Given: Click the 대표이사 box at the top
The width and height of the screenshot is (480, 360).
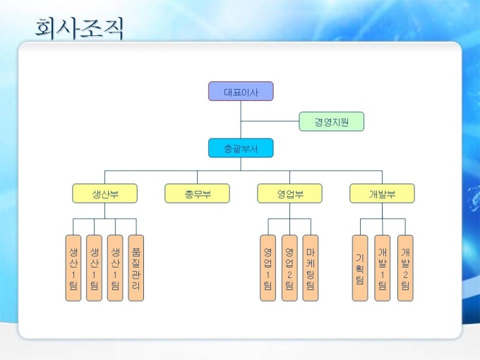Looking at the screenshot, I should pyautogui.click(x=240, y=92).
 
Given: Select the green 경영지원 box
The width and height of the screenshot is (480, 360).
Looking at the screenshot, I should pyautogui.click(x=331, y=122).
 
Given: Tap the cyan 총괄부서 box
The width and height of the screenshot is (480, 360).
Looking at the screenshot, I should pyautogui.click(x=240, y=148).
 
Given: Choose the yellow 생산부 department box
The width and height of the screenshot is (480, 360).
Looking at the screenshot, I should pyautogui.click(x=104, y=193).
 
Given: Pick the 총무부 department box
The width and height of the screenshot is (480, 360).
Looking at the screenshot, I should pyautogui.click(x=197, y=193).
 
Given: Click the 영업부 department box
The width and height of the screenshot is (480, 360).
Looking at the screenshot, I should pyautogui.click(x=289, y=193).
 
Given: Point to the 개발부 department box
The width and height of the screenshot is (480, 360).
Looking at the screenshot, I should pyautogui.click(x=382, y=193).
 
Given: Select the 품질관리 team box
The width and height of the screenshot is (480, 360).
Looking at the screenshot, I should pyautogui.click(x=136, y=268).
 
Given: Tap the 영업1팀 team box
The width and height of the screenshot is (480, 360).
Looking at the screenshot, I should pyautogui.click(x=268, y=268).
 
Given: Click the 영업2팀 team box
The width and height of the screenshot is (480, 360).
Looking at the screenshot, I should pyautogui.click(x=289, y=268).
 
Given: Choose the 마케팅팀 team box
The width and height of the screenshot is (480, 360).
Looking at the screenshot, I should pyautogui.click(x=311, y=268).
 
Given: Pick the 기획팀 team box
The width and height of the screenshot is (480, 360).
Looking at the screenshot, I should pyautogui.click(x=360, y=268).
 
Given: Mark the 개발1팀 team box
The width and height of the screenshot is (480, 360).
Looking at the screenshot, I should pyautogui.click(x=382, y=268).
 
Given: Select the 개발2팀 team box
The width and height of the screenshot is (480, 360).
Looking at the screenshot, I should pyautogui.click(x=404, y=268).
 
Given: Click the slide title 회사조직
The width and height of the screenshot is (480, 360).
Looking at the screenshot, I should pyautogui.click(x=79, y=28).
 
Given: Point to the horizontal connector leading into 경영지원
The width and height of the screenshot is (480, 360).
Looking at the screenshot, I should pyautogui.click(x=270, y=122).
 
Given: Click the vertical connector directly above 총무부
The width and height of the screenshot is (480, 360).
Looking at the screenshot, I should pyautogui.click(x=197, y=177).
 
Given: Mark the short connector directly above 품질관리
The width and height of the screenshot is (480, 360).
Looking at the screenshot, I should pyautogui.click(x=136, y=227).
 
